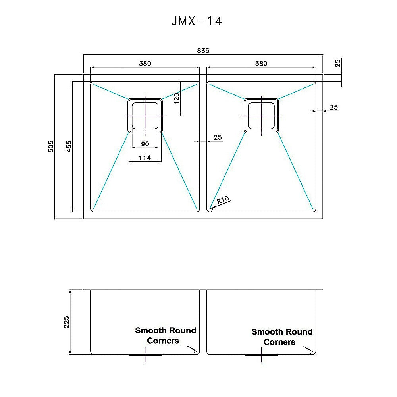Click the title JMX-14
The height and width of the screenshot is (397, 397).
(x=197, y=21)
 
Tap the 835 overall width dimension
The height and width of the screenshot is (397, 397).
(x=203, y=51)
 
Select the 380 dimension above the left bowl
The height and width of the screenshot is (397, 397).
(x=145, y=63)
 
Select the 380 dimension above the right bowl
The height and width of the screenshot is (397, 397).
(x=261, y=63)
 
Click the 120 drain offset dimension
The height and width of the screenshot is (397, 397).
(x=177, y=98)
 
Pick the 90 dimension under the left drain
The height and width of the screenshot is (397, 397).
(x=145, y=144)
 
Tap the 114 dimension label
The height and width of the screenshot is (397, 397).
(x=145, y=158)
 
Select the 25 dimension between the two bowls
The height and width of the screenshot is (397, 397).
(x=218, y=137)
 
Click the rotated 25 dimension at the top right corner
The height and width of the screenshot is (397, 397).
(x=337, y=63)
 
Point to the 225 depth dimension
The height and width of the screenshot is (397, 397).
(x=66, y=322)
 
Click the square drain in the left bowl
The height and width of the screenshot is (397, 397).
(x=145, y=116)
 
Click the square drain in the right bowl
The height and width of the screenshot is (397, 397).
(x=261, y=116)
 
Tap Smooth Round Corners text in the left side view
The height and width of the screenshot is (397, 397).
(x=165, y=335)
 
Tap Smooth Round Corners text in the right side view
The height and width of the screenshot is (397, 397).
(x=281, y=337)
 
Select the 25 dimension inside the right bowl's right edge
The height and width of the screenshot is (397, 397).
(x=333, y=107)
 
